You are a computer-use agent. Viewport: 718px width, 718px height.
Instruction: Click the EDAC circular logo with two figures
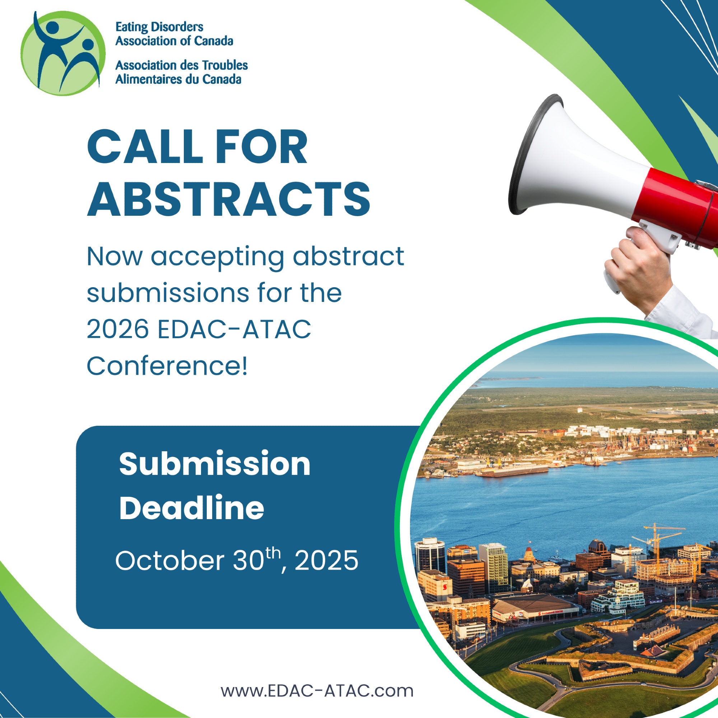[x=63, y=53]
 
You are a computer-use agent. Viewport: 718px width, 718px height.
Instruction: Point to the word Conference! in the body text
[x=167, y=366]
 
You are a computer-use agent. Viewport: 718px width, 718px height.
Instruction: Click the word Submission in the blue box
[x=214, y=464]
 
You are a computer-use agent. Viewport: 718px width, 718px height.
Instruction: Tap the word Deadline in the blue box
[x=191, y=508]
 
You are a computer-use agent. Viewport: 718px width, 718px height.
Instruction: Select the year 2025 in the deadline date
[x=326, y=560]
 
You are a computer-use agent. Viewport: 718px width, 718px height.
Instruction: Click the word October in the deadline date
[x=169, y=560]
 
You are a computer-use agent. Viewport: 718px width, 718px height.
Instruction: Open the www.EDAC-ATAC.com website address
[x=317, y=690]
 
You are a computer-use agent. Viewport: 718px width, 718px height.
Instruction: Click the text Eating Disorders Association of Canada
[x=174, y=34]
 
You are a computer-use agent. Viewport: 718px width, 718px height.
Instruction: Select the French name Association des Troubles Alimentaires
[x=181, y=72]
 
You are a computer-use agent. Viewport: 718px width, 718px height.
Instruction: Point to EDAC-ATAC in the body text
[x=234, y=329]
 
